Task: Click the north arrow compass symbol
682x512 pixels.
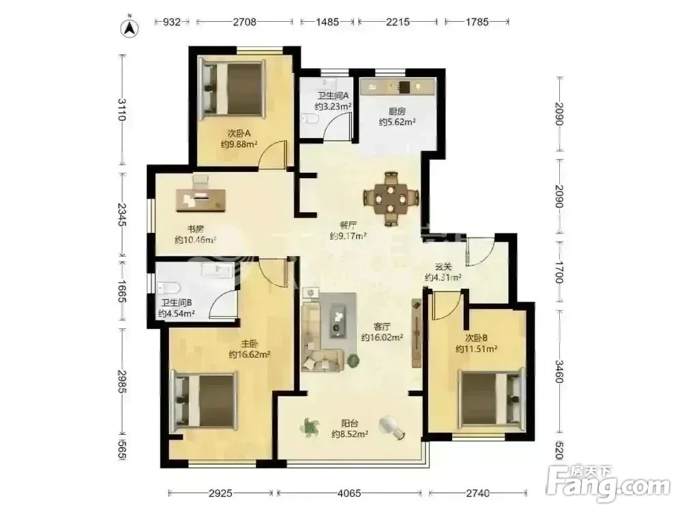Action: [x=129, y=28]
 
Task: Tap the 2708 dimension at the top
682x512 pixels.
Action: [x=244, y=21]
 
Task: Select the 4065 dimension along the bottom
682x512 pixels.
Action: [x=349, y=494]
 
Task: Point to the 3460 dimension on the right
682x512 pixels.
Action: [x=559, y=371]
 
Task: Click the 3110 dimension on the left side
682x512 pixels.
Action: [x=123, y=110]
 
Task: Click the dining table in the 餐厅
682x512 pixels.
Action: [x=391, y=199]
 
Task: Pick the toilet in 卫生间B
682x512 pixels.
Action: [x=168, y=288]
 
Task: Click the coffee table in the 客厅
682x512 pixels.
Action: [x=338, y=319]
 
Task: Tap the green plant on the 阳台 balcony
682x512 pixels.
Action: [x=309, y=427]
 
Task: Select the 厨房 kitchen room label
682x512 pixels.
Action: [x=397, y=111]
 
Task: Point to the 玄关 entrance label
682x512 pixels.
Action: [x=443, y=267]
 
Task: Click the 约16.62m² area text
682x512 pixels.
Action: [x=250, y=354]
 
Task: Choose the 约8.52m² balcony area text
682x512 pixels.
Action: [x=350, y=433]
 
